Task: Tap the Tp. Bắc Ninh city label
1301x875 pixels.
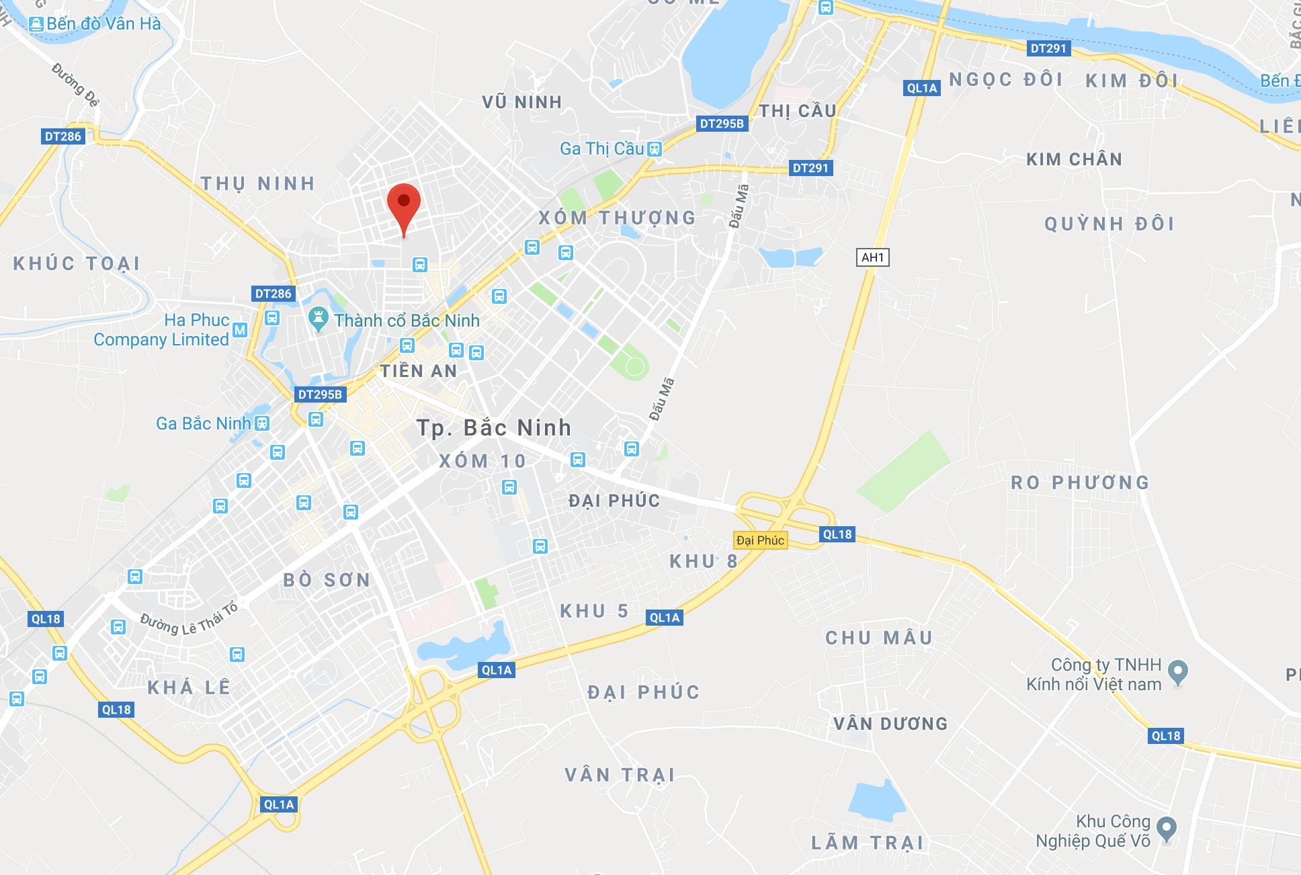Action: tap(494, 428)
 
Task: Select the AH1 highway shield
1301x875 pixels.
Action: tap(872, 257)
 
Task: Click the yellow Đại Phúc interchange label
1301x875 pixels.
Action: tap(760, 540)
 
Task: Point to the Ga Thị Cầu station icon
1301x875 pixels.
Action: tap(655, 149)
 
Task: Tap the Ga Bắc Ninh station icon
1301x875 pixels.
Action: tap(263, 423)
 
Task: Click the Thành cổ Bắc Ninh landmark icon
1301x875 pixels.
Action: tap(318, 319)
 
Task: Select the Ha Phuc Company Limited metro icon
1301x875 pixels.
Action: tap(240, 330)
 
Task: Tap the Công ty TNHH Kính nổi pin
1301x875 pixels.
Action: tap(1178, 671)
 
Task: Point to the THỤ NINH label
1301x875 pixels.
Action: tap(258, 183)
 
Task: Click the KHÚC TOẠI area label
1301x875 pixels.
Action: tap(77, 263)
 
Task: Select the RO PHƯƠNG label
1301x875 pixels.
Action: tap(1080, 483)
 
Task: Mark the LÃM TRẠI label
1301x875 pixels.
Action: tap(868, 843)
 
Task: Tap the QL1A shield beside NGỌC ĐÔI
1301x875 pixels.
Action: tap(921, 88)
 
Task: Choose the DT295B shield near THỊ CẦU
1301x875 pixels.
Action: tap(722, 124)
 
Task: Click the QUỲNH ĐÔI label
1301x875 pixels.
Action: tap(1109, 224)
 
